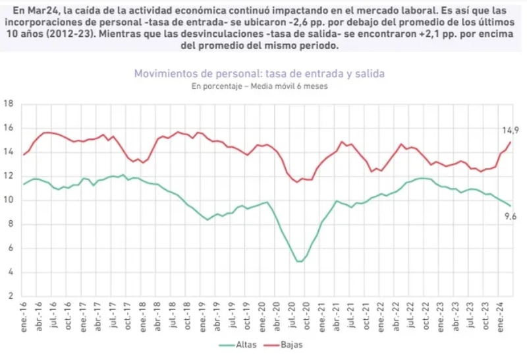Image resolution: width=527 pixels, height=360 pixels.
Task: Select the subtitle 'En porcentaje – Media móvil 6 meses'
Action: coord(259,86)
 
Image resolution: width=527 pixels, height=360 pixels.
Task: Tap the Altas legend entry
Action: coord(243,345)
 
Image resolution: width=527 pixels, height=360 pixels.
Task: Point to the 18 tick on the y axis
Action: coord(9,104)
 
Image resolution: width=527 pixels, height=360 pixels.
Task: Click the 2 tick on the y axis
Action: coord(11,297)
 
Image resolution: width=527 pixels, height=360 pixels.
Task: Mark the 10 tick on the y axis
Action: coord(9,200)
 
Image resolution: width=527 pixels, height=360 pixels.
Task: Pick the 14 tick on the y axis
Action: coord(9,152)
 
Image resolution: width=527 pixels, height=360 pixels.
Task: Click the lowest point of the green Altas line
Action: coord(300,262)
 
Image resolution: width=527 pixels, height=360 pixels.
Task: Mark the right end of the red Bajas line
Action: coord(510,142)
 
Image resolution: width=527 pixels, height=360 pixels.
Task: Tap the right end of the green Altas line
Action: coord(510,206)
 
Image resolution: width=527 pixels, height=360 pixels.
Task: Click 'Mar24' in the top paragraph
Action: coord(41,10)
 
